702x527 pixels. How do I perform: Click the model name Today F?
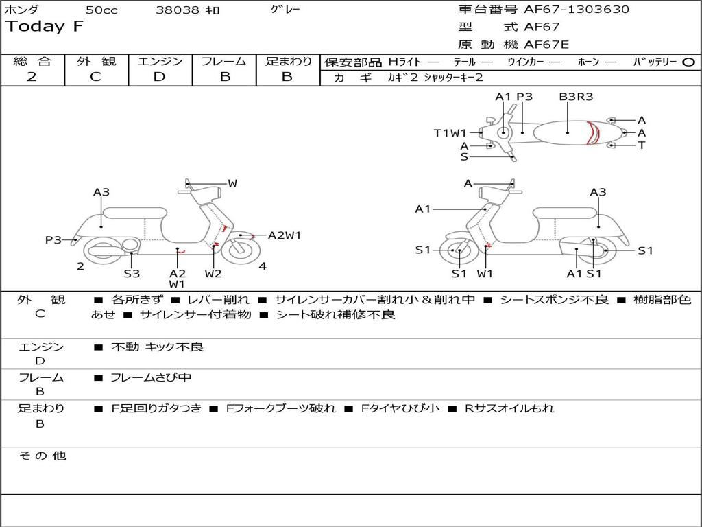45,27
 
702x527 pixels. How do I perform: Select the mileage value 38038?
178,10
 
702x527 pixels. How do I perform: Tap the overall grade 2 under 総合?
32,77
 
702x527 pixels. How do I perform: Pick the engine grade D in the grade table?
160,77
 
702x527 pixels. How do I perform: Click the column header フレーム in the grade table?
224,61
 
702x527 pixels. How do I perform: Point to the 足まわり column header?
288,61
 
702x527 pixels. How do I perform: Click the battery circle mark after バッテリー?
689,62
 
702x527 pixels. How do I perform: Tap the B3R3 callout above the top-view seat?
576,97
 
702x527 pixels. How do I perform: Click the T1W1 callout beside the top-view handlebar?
450,133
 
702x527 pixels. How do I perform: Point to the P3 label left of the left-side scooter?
53,239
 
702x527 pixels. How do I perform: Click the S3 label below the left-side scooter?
132,274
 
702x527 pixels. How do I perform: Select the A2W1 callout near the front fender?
284,235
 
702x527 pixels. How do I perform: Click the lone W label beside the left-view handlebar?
232,183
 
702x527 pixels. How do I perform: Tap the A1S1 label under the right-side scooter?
583,274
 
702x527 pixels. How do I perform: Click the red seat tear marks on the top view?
594,132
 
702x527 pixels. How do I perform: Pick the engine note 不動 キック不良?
158,347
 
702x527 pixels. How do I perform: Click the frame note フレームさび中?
151,377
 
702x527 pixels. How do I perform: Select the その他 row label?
43,456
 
